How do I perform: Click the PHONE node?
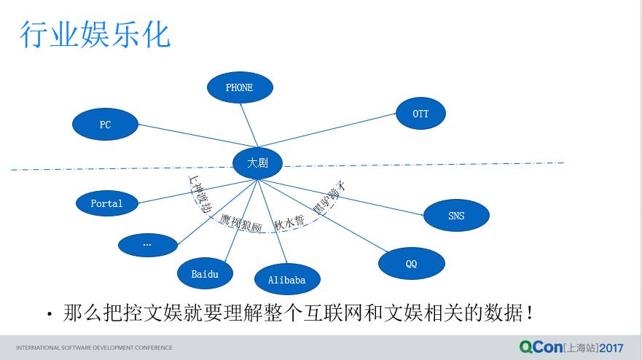pos(240,88)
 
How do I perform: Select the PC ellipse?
pos(106,125)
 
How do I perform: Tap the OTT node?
pos(420,114)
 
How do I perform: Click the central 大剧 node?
pos(257,163)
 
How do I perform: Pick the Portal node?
pos(106,203)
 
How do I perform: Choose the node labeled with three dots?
pos(147,244)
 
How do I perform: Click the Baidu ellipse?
pos(205,274)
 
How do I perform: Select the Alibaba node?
pos(287,280)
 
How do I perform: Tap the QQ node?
pos(411,264)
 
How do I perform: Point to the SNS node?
pos(456,216)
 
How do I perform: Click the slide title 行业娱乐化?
pos(95,34)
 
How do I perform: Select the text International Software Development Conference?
pos(94,348)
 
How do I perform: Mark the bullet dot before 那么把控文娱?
pos(50,315)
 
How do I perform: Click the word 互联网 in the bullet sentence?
pos(351,313)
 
